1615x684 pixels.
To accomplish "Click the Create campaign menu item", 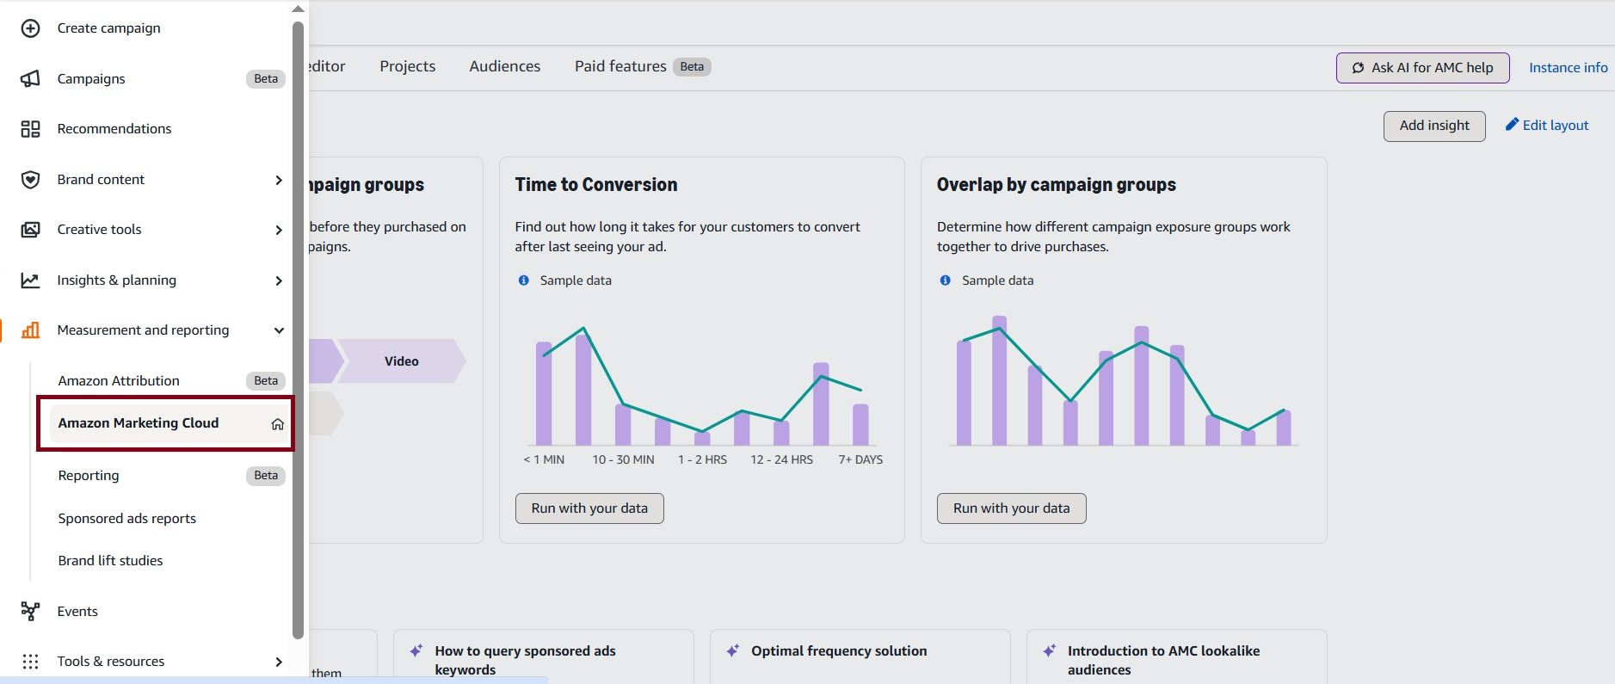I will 108,28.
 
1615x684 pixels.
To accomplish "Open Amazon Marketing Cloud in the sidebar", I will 139,423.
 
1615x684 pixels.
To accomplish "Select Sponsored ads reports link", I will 127,519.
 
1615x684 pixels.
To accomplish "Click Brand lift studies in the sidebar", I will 110,561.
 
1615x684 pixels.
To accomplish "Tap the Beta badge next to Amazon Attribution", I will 266,381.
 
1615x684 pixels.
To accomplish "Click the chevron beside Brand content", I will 278,180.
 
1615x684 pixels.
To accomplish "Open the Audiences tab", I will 505,67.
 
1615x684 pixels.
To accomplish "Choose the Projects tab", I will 408,67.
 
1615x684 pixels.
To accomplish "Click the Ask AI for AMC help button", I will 1422,68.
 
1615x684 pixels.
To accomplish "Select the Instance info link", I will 1568,68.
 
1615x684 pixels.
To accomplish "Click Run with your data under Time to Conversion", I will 589,508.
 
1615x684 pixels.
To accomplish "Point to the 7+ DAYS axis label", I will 860,460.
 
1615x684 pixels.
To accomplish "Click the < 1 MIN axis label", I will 544,460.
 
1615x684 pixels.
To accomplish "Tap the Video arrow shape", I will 402,361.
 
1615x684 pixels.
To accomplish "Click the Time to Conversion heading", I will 596,185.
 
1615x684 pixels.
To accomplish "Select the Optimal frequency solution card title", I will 839,651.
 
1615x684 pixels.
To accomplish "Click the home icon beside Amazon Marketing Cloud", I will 277,424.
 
